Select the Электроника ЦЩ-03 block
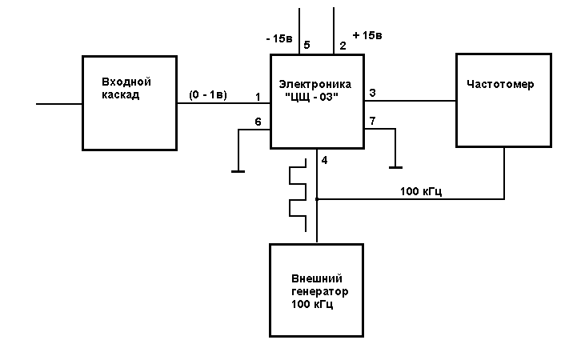click(x=317, y=102)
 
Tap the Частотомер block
click(x=504, y=100)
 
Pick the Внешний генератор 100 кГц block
click(x=319, y=289)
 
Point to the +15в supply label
click(x=367, y=36)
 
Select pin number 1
click(x=258, y=97)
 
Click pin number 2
click(x=343, y=46)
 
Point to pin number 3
click(x=372, y=94)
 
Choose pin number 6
click(x=258, y=121)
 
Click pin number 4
click(x=324, y=160)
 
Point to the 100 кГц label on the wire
click(x=422, y=191)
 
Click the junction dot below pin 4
click(x=318, y=198)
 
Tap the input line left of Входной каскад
click(x=60, y=103)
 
